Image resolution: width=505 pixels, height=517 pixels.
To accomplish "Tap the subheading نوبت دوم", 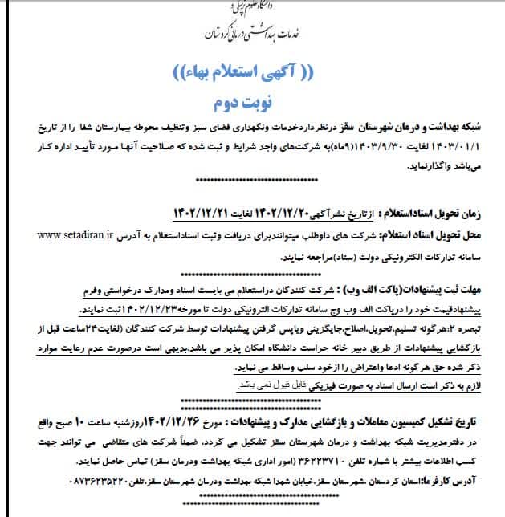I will pyautogui.click(x=255, y=104).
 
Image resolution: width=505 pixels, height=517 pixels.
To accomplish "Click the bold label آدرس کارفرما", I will pyautogui.click(x=458, y=480).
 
